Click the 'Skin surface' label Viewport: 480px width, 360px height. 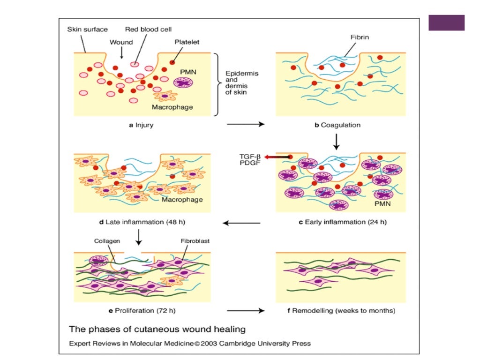pos(87,29)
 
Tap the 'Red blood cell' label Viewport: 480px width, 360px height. pos(148,29)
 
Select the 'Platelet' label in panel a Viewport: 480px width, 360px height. pos(187,42)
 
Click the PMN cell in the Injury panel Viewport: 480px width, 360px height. pos(183,82)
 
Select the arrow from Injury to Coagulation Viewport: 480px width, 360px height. pos(245,125)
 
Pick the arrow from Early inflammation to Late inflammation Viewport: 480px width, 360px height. pos(241,223)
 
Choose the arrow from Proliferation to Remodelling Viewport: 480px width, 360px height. pos(245,310)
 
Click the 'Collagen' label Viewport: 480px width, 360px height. pos(105,241)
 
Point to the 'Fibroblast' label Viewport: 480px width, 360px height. pos(195,241)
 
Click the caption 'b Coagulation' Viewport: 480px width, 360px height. pos(337,125)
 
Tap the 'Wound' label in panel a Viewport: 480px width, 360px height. pos(121,42)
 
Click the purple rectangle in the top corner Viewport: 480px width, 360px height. pos(446,22)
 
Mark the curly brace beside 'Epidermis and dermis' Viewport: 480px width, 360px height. pos(217,84)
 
